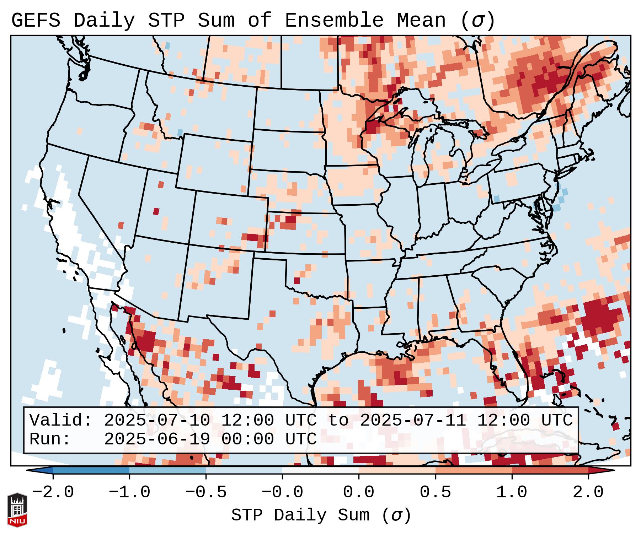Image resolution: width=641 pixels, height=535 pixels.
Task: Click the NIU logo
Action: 17,509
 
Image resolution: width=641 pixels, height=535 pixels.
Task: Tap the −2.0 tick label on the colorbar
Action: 53,492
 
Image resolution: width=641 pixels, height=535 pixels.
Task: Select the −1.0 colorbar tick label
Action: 129,492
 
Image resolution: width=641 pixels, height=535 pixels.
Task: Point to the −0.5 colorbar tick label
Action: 206,492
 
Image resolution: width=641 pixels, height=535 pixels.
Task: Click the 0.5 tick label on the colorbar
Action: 435,492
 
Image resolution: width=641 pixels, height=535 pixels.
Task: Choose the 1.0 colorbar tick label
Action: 512,492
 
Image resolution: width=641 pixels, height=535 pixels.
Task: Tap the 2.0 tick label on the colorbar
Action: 588,492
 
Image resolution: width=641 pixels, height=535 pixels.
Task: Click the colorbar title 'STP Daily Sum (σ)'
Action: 321,515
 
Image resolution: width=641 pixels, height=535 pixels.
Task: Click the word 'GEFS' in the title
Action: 36,21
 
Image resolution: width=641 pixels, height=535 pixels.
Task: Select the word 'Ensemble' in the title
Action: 334,21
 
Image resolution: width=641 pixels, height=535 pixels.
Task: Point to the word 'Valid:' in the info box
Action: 61,421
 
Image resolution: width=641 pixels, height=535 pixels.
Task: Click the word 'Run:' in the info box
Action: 50,439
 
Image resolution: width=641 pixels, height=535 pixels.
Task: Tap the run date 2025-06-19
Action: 157,439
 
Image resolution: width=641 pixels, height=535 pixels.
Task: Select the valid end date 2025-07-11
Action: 413,421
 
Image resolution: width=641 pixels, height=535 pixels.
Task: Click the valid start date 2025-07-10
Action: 157,421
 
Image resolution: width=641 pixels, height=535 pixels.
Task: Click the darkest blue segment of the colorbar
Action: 91,470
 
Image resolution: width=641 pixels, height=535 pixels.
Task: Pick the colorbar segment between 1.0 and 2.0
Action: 550,470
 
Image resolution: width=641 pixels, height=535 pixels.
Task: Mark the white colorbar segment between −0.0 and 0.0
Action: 320,470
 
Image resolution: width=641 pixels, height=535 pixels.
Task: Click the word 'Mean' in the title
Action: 421,21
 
